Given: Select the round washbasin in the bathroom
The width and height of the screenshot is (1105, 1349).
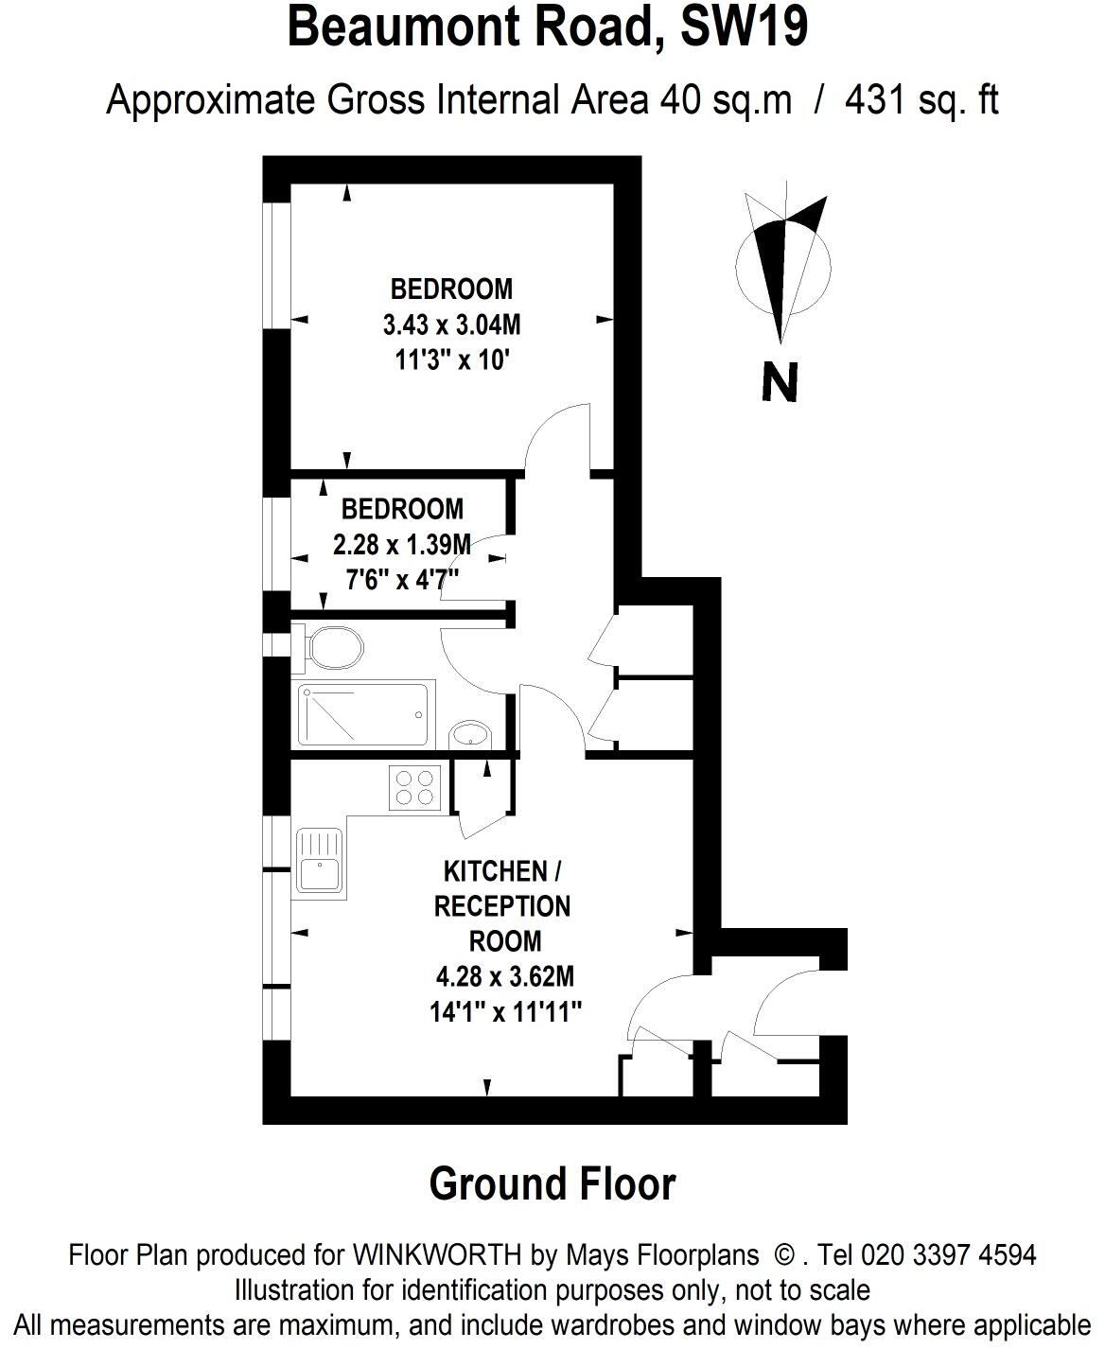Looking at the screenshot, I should [x=470, y=734].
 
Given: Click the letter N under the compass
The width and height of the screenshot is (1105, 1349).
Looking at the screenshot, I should [x=781, y=382].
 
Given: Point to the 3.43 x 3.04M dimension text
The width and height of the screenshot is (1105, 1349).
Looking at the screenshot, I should [x=451, y=325].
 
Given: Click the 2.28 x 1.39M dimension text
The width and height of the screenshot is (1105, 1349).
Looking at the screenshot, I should [x=401, y=545].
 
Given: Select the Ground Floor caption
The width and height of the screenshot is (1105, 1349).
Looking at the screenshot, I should [x=552, y=1184].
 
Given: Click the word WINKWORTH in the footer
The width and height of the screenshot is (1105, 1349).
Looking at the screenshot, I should [x=437, y=1255].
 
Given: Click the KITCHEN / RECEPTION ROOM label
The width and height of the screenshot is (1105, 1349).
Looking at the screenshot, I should [x=502, y=905].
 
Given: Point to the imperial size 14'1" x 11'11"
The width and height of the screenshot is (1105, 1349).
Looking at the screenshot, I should [x=504, y=1012].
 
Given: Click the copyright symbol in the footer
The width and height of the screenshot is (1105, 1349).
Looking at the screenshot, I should [x=784, y=1255].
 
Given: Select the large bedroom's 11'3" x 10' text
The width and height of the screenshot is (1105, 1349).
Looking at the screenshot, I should [x=451, y=360].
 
